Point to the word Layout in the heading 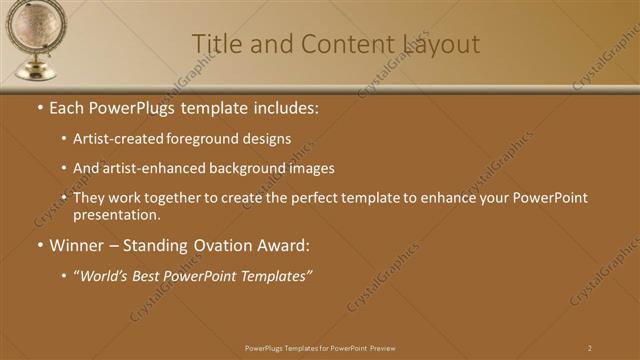(x=440, y=44)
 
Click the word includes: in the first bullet (x=283, y=107)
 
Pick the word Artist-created (x=120, y=139)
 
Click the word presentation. (x=114, y=214)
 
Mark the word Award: (x=283, y=245)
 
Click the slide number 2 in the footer (x=590, y=348)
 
